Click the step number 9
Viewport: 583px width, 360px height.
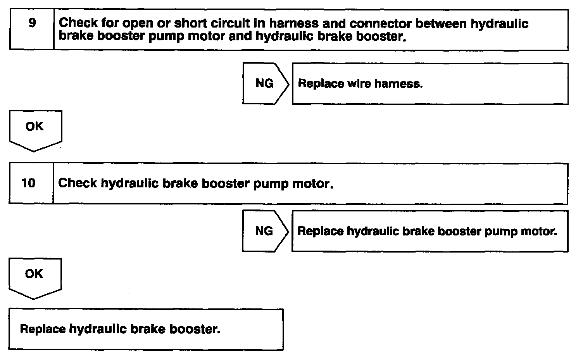tap(33, 23)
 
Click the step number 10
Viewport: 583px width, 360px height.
tap(28, 183)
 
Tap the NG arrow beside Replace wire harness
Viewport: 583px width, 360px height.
tap(265, 84)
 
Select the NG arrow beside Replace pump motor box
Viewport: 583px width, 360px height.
tap(264, 231)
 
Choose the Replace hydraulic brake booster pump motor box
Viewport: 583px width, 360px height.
tap(429, 231)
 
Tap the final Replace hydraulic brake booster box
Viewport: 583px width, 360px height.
tap(146, 329)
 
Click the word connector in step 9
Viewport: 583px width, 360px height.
tap(380, 23)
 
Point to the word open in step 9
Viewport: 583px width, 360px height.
tap(136, 24)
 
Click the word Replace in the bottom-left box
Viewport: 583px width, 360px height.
tap(43, 329)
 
